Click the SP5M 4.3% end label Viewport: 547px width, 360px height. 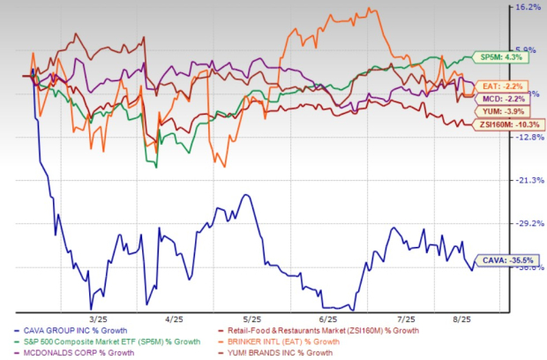pyautogui.click(x=489, y=56)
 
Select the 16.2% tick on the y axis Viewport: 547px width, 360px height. pyautogui.click(x=527, y=7)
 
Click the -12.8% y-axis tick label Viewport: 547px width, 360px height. pyautogui.click(x=527, y=137)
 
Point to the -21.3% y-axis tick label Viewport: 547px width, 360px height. pyautogui.click(x=527, y=180)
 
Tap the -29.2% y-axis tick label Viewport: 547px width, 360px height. pyautogui.click(x=527, y=223)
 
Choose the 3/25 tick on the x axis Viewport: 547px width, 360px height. pyautogui.click(x=98, y=319)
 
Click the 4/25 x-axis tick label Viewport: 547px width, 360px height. pyautogui.click(x=174, y=319)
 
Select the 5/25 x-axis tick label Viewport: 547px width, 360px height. pyautogui.click(x=251, y=319)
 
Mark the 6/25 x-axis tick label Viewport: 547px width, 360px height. pyautogui.click(x=329, y=319)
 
